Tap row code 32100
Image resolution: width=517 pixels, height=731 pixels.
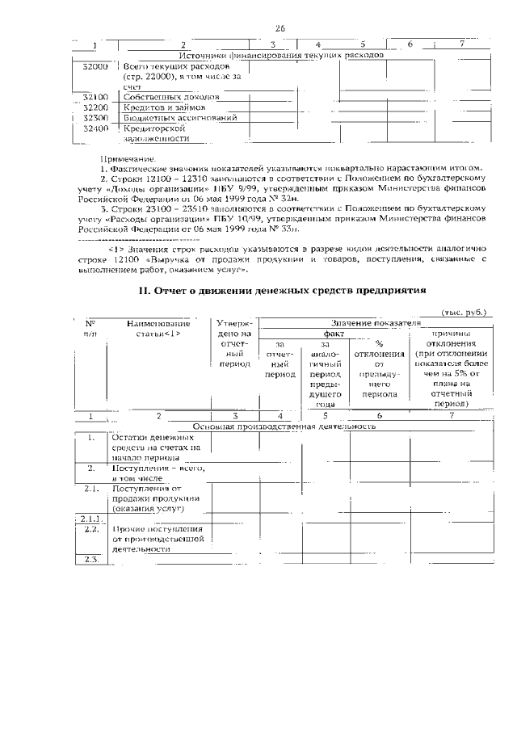[95, 97]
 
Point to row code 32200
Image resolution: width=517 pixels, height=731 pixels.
[95, 107]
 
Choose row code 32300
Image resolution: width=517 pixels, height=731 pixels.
[95, 118]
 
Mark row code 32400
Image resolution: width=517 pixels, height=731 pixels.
[95, 128]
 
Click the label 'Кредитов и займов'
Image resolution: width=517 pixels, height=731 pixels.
[169, 107]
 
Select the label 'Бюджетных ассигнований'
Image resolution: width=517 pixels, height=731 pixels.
[180, 118]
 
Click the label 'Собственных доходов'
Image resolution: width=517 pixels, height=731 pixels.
[171, 97]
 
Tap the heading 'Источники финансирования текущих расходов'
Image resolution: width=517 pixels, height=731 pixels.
[280, 55]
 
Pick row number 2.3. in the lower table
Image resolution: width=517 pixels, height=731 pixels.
[90, 560]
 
